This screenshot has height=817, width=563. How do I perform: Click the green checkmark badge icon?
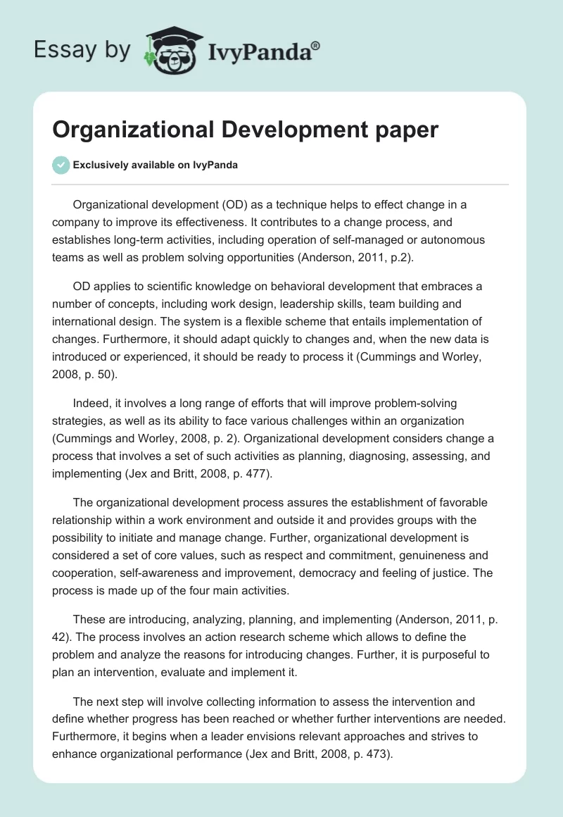coord(61,166)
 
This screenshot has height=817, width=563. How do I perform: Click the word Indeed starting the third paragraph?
coord(91,404)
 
